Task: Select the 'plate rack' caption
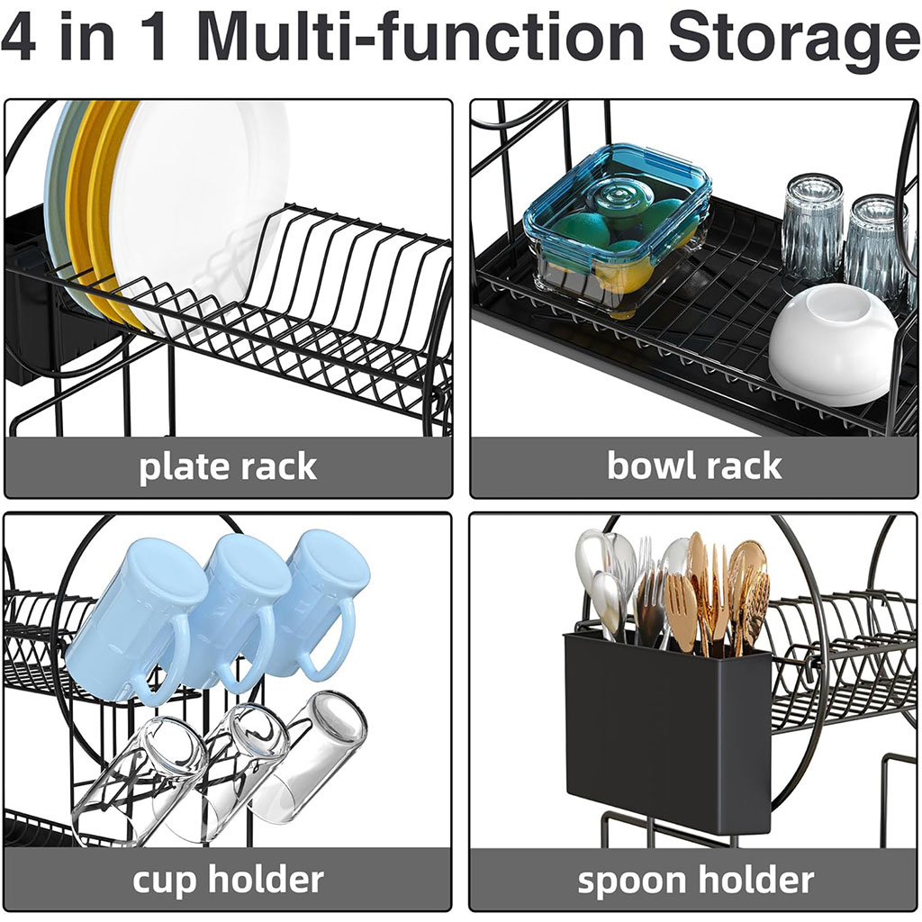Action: click(228, 467)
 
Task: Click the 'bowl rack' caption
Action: click(693, 466)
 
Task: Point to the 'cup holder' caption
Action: click(228, 880)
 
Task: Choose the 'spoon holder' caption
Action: click(695, 880)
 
